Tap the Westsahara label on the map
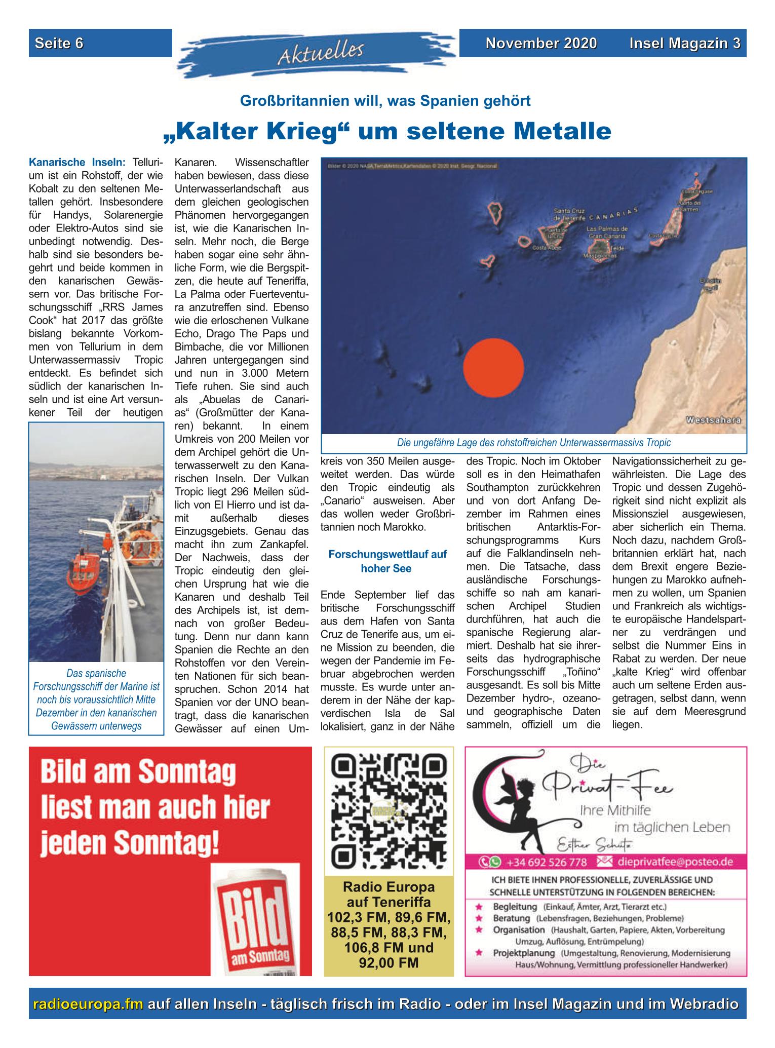[713, 420]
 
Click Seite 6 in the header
[59, 44]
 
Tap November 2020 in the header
[541, 44]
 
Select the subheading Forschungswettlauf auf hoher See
[387, 561]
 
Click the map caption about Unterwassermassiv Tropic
[533, 443]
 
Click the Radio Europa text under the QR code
[389, 887]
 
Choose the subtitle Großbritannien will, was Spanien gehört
[385, 101]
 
